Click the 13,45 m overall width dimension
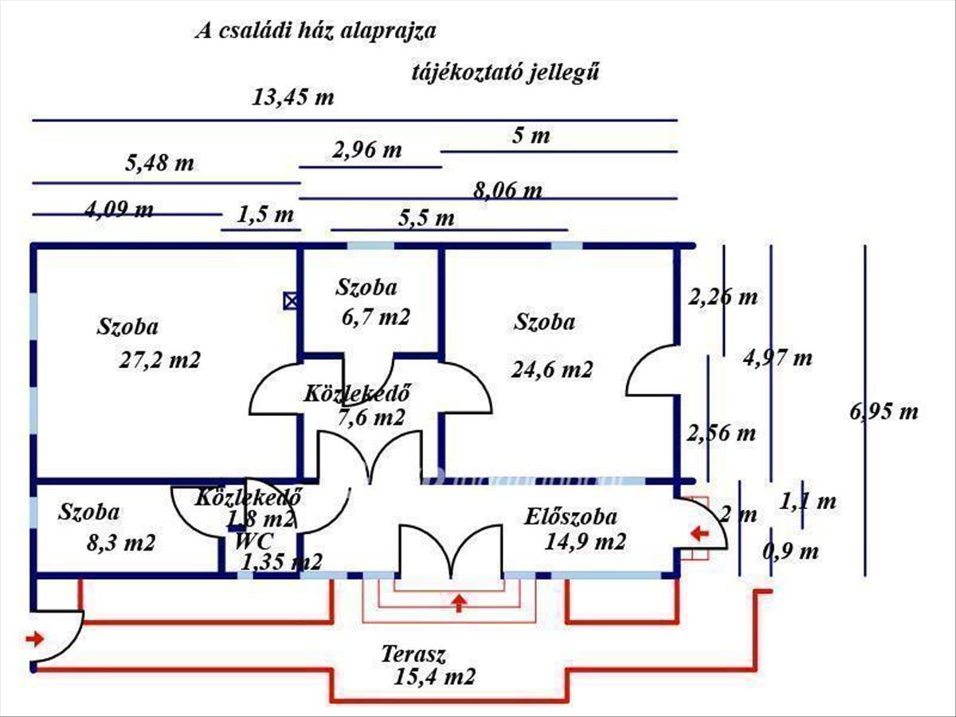[292, 98]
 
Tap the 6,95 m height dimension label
[884, 412]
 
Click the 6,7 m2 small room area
[372, 317]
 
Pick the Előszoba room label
[570, 517]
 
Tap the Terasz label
[413, 656]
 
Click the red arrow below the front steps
[458, 602]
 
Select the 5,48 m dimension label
[159, 164]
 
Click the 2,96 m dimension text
[367, 149]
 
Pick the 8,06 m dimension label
[507, 190]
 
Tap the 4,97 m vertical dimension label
[778, 358]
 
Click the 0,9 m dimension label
[790, 551]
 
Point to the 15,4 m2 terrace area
[434, 678]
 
